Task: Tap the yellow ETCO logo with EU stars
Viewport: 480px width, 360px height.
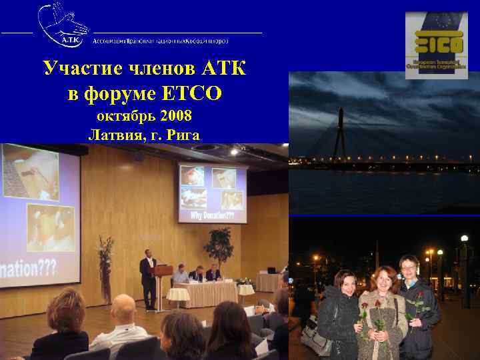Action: [x=437, y=41]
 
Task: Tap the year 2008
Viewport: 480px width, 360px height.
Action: [x=175, y=116]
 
